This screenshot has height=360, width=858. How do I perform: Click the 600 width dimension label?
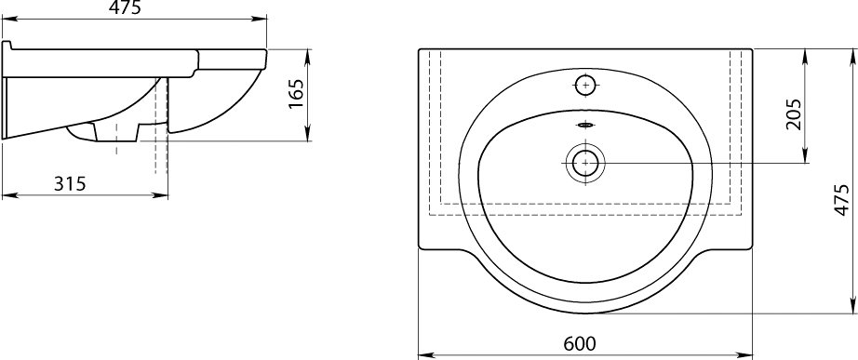[580, 343]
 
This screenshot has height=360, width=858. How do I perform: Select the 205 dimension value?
[793, 113]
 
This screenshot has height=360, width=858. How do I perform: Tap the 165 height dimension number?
[296, 94]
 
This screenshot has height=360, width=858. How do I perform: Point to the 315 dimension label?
[70, 184]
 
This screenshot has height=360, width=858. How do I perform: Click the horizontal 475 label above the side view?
[125, 7]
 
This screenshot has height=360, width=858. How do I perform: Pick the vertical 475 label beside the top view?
[841, 200]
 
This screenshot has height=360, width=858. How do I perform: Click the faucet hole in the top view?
[585, 85]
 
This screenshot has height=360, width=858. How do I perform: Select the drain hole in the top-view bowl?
[585, 163]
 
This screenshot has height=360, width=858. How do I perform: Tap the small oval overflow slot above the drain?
[585, 126]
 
